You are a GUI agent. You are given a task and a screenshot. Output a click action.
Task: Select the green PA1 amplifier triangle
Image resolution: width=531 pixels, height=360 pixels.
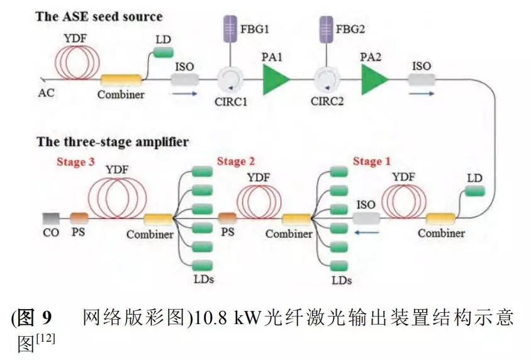(276, 81)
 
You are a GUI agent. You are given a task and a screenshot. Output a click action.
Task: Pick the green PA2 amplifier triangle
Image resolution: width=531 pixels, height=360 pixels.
(374, 81)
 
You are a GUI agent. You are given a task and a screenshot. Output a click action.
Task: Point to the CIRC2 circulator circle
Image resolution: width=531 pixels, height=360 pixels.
(327, 81)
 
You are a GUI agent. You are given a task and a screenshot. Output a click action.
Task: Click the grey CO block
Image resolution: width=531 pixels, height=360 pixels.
(51, 218)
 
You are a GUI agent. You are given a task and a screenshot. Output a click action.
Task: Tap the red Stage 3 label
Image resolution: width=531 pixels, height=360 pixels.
(75, 162)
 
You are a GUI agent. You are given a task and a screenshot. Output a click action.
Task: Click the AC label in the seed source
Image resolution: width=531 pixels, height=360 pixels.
(47, 93)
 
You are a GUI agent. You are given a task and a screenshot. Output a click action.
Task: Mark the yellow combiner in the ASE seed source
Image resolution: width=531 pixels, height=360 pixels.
(121, 81)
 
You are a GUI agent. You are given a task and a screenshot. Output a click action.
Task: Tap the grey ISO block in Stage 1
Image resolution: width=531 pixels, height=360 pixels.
(366, 218)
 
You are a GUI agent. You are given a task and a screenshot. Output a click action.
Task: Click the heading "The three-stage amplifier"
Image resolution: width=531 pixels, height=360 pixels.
(113, 142)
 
